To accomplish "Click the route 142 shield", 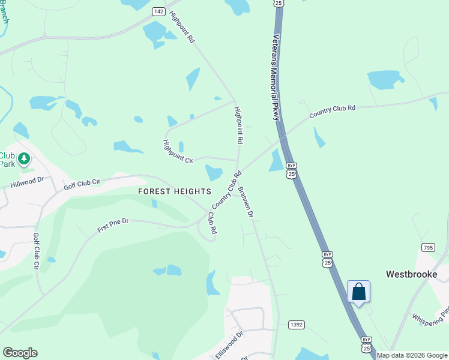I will (x=158, y=11).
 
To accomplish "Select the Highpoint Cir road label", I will (x=177, y=152).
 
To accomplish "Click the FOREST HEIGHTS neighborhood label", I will (x=175, y=191).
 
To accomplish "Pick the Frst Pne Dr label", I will (x=113, y=226).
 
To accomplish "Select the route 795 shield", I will (x=427, y=247).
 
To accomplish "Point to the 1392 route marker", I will (x=296, y=325).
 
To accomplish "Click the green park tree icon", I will (x=24, y=159).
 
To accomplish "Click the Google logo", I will (x=20, y=353).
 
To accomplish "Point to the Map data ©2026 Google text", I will (x=412, y=355).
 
